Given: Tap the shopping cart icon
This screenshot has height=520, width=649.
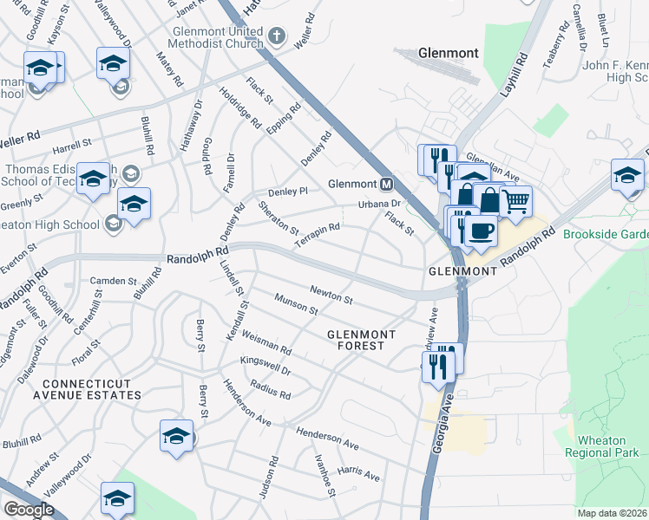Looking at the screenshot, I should pos(515,202).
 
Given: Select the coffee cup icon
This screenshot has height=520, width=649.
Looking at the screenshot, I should pos(480,231).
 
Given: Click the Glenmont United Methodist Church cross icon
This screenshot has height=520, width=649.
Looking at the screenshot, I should pos(277,36).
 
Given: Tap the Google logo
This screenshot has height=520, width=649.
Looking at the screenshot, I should pos(29,510).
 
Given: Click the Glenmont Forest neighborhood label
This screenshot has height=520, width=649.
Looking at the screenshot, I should pos(361,340).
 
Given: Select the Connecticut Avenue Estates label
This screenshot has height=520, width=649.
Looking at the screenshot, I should pos(80,389).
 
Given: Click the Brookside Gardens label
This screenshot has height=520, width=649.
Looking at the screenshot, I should pos(605,235).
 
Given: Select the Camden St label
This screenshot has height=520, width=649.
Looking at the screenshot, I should pos(115,281).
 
